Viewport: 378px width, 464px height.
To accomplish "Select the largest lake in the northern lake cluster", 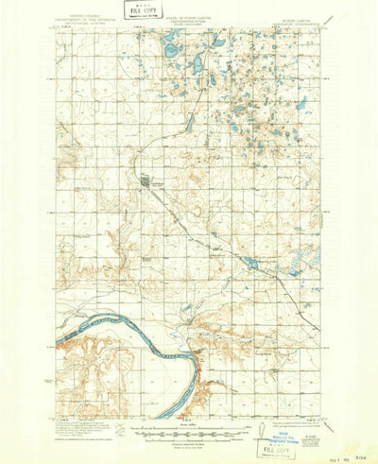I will (174, 43).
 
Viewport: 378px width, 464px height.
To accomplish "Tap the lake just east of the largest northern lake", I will (217, 43).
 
